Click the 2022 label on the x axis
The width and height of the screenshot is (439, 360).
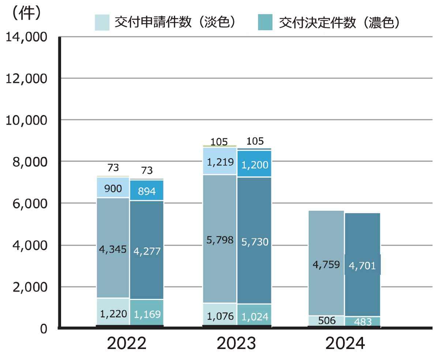coord(127,344)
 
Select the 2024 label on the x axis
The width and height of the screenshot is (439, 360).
coord(345,344)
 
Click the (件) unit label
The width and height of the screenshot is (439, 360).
coord(26,14)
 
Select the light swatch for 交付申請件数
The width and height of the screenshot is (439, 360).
coord(102,22)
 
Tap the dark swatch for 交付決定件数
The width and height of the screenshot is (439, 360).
coord(265,22)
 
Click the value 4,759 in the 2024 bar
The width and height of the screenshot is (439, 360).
coord(326,264)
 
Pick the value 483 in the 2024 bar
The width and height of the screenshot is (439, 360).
coord(363,322)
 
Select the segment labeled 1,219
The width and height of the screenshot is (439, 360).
coord(219,161)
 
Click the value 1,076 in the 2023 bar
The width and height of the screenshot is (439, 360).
coord(219,316)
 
